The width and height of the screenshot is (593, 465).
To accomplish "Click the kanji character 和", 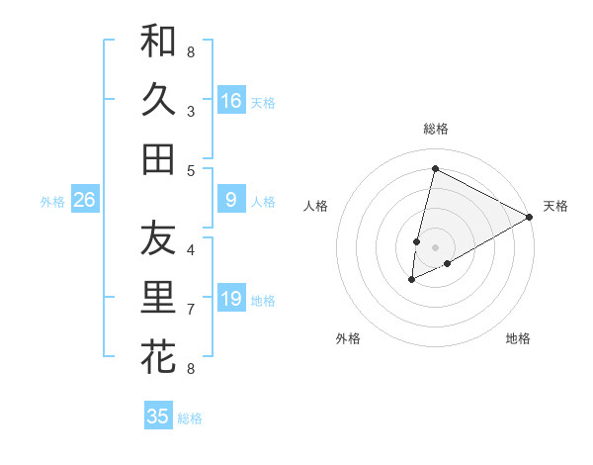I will click(158, 41).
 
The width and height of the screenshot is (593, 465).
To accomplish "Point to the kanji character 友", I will click(158, 238).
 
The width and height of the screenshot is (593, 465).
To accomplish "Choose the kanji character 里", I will click(158, 297).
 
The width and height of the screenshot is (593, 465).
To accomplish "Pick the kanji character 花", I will click(158, 356).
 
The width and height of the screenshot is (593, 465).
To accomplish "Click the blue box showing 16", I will click(231, 101).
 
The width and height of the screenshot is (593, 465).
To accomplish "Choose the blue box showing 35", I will click(158, 417).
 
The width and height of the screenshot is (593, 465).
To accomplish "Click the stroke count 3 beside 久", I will click(190, 111).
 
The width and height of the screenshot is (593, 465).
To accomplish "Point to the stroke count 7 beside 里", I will click(190, 310).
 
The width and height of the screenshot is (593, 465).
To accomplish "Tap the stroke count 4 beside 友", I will click(190, 250).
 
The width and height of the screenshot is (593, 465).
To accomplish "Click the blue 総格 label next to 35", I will click(190, 418).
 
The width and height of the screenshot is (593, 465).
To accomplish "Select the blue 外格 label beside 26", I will click(52, 202).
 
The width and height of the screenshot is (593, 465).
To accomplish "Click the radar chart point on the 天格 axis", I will click(530, 217).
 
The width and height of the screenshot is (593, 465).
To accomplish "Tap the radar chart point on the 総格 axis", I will click(435, 169).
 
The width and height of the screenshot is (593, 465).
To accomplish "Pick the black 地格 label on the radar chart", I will click(518, 338).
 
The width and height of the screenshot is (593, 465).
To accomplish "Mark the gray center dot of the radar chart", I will click(435, 247).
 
